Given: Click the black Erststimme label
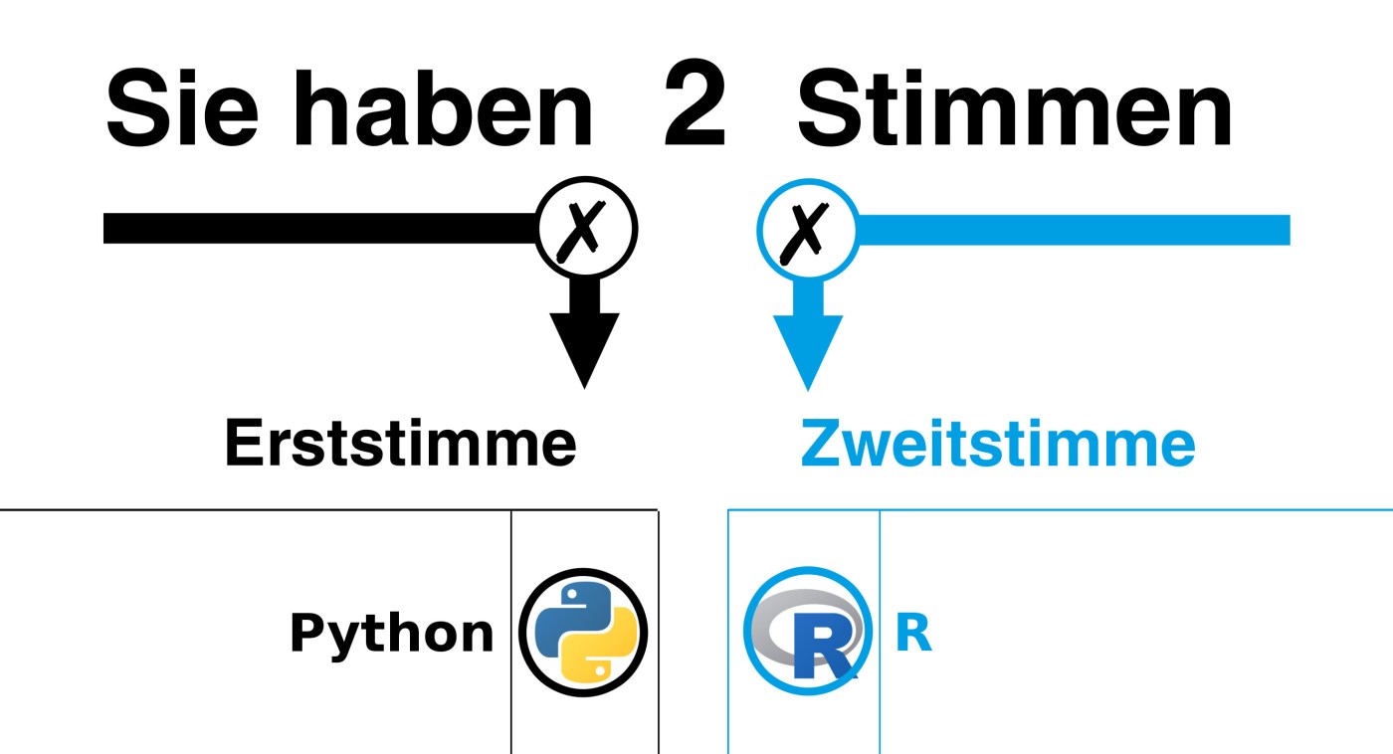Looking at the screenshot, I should point(400,444).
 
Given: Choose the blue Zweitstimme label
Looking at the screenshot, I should point(997,444).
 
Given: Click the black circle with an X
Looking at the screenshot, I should point(586,229).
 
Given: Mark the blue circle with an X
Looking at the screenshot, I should point(807,229).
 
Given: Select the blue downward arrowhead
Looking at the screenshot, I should point(807,348).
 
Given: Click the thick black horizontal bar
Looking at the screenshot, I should point(318,228).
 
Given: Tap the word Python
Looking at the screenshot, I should point(391,634).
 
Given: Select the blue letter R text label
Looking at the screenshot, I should point(912,635).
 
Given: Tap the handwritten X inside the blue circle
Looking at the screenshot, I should point(807,231).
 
